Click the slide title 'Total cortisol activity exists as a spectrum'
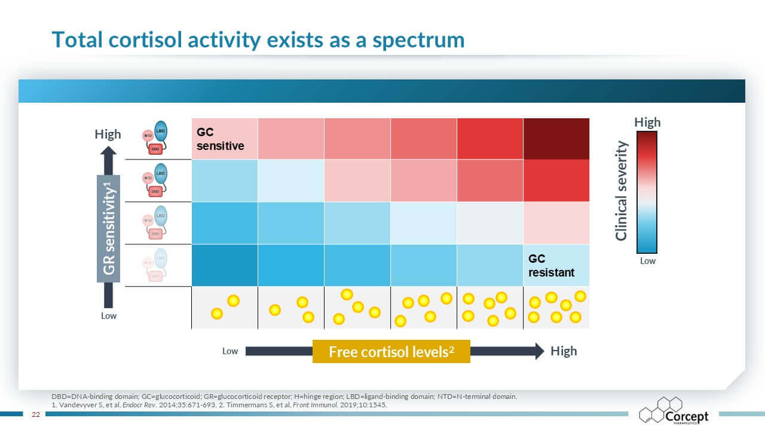tap(258, 39)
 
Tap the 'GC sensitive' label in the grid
tap(221, 139)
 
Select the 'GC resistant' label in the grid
tap(551, 266)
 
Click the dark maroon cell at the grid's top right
tap(556, 139)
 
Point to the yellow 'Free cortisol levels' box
tap(391, 351)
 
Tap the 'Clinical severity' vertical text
tap(622, 191)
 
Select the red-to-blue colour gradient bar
tap(647, 192)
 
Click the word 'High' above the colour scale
tap(647, 122)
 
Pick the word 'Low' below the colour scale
tap(647, 261)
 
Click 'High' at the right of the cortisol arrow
tap(564, 351)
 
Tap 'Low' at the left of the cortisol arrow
tap(230, 351)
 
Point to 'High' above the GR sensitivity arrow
tap(108, 134)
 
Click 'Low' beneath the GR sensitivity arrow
tap(109, 315)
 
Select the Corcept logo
tap(674, 411)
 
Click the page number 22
tap(35, 414)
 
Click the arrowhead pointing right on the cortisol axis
tap(538, 351)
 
